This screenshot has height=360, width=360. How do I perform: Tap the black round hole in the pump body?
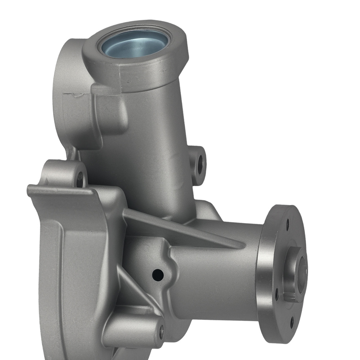(158, 275)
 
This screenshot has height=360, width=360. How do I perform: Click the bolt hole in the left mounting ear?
(80, 179)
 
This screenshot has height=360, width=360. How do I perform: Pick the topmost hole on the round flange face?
(287, 225)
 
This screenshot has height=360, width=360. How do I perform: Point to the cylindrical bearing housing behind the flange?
(216, 277)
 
